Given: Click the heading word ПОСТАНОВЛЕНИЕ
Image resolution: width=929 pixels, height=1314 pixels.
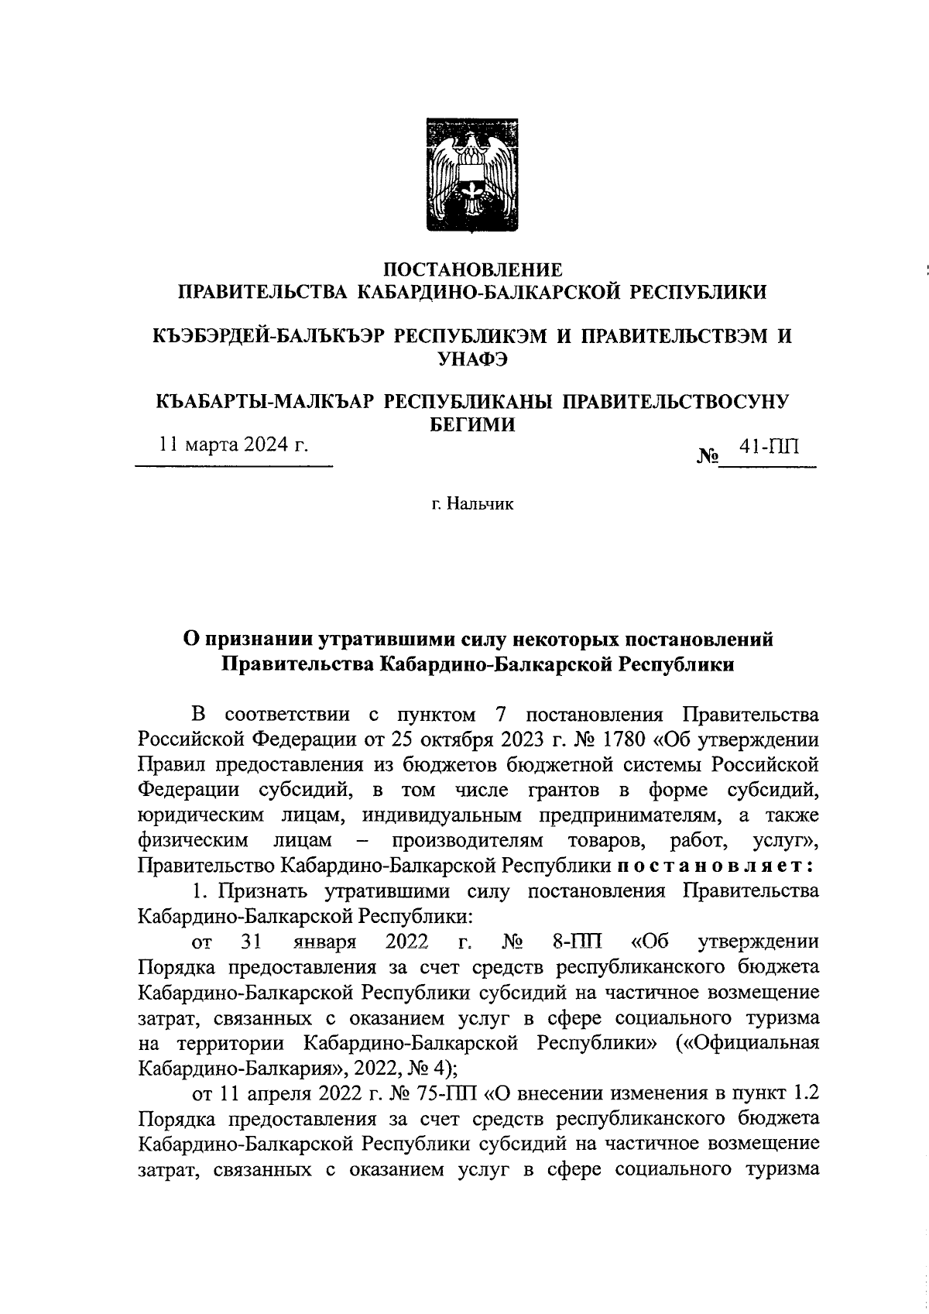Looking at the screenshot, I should click(473, 270).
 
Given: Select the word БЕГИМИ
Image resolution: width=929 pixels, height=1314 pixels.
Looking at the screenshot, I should click(472, 424).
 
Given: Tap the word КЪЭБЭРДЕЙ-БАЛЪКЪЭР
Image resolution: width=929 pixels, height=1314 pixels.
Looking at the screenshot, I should click(264, 335).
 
